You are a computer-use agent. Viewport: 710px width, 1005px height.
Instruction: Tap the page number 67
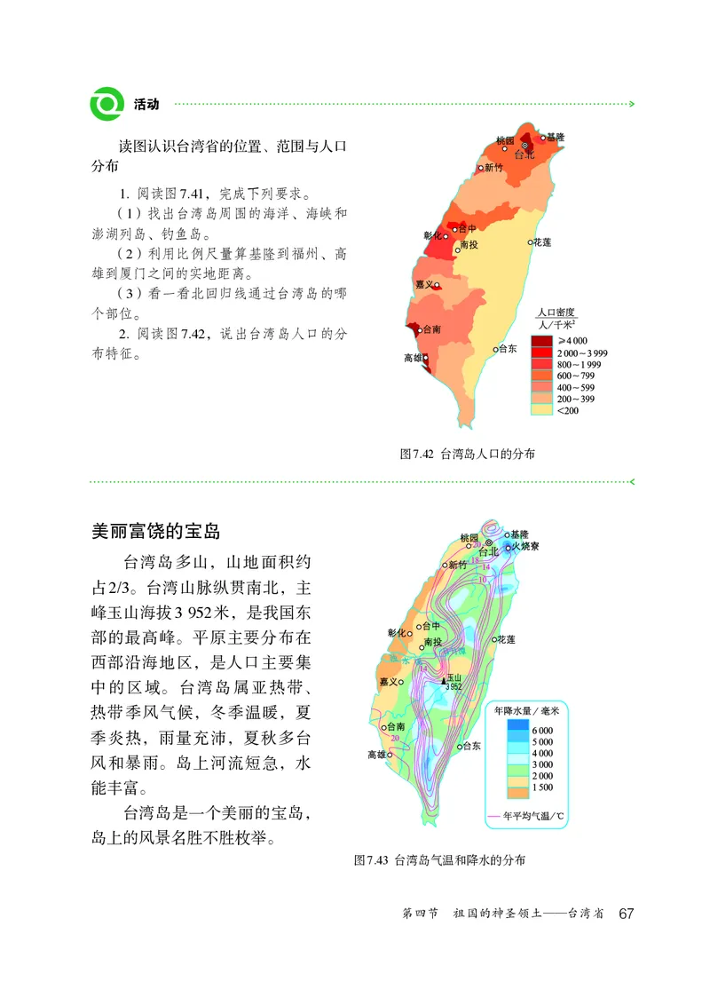click(627, 914)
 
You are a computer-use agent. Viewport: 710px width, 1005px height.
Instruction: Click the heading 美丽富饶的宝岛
click(155, 531)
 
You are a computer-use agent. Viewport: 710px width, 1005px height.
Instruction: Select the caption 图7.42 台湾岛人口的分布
click(468, 454)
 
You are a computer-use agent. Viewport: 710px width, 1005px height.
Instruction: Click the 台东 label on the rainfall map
click(470, 746)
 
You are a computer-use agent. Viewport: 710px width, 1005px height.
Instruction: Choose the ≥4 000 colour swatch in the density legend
click(541, 341)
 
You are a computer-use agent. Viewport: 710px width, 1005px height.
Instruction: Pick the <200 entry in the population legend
click(568, 410)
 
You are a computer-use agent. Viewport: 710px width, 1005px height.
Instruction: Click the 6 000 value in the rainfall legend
click(542, 730)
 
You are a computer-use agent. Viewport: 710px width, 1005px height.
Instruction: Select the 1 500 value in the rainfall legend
click(542, 787)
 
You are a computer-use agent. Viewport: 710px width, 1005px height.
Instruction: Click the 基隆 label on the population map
click(555, 138)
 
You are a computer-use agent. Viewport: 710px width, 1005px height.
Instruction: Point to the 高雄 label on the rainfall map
click(375, 755)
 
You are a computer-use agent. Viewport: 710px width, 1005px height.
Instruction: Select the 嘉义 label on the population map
click(423, 284)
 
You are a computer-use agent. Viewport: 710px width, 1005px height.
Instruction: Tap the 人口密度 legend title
click(556, 313)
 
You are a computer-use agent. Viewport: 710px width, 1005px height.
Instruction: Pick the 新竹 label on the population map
click(493, 167)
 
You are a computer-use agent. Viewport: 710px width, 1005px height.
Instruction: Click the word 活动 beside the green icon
click(146, 104)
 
